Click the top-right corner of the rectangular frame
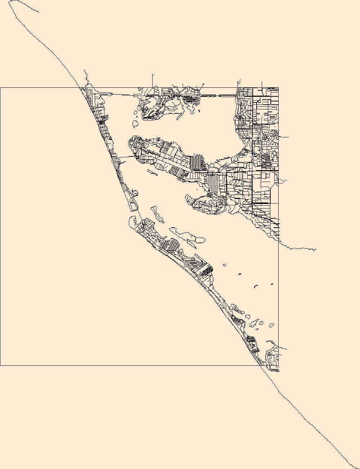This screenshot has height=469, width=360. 278,88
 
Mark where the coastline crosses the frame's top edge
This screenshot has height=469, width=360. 80,88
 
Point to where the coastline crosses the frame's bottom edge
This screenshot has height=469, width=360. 262,366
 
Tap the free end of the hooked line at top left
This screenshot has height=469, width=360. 38,12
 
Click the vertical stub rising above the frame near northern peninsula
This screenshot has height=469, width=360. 153,80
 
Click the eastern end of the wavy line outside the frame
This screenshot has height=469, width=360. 316,250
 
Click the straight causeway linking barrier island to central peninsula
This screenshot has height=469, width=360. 126,157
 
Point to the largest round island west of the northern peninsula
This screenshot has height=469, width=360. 136,124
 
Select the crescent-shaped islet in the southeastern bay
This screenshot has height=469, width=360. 256,286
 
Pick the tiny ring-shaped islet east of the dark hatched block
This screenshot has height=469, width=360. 224,265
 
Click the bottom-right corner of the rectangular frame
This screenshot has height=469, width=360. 278,366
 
